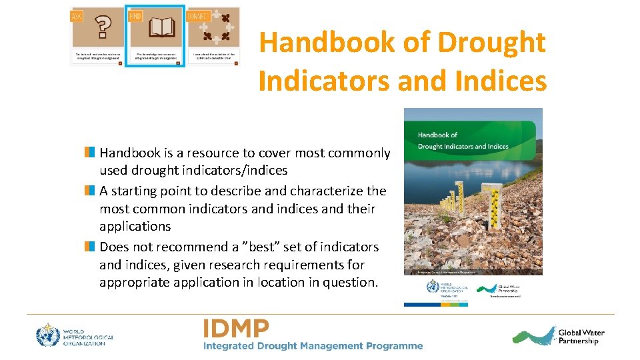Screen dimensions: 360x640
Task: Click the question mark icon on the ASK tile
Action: point(102,29)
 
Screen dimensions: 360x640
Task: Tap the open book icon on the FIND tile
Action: point(156,29)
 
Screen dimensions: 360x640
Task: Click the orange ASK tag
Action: point(77,15)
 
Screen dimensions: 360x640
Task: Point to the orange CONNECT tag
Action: point(199,15)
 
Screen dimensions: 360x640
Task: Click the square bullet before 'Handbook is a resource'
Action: point(89,153)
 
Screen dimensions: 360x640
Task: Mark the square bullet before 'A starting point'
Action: point(89,191)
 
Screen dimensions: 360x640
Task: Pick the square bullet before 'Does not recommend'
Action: point(89,247)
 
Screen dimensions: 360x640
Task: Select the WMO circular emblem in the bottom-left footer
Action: point(48,334)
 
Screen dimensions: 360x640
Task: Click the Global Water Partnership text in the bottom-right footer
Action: point(581,337)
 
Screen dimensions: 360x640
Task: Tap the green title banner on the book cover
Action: point(473,140)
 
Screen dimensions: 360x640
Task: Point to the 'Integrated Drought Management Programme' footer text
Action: point(313,346)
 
